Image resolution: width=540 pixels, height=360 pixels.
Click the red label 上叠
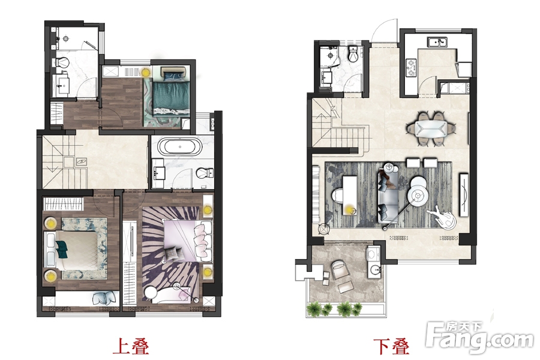pos(131,346)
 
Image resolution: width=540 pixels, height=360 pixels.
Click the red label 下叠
pos(392,346)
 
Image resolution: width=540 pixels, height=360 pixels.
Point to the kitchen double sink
pos(437,42)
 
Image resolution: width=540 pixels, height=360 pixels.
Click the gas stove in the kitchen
pos(411,68)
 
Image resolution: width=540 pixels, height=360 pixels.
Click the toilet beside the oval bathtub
pos(205,172)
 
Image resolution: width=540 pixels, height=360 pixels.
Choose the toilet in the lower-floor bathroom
pos(353,54)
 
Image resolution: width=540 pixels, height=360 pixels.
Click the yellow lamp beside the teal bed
pos(145,73)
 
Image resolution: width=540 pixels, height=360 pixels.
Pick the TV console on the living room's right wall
pos(464,194)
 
